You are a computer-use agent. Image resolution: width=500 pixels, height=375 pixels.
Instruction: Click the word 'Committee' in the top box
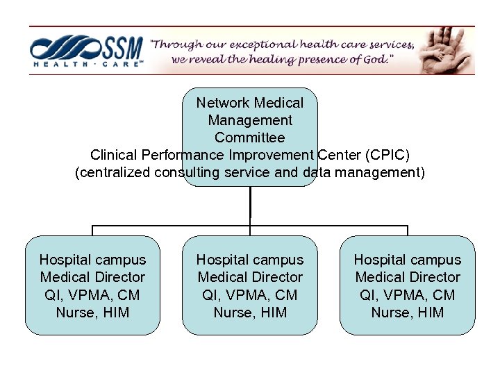tap(250, 137)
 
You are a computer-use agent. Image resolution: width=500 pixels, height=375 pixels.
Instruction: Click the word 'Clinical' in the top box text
tap(115, 155)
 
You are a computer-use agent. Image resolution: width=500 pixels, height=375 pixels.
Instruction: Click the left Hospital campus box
tap(92, 285)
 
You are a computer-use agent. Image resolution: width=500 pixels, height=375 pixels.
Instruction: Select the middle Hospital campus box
tap(250, 285)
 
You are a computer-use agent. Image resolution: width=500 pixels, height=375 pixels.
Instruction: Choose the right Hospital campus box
tap(408, 285)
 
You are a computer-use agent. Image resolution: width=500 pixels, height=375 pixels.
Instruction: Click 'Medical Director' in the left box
tap(92, 277)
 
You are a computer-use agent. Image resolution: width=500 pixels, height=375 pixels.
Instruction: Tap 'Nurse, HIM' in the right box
tap(408, 312)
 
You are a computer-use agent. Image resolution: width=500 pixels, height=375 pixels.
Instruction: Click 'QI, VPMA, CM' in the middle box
tap(250, 295)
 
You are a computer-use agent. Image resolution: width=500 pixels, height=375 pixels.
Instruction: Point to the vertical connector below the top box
tap(250, 206)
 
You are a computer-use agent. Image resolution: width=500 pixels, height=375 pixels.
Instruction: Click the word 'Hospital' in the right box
tap(380, 260)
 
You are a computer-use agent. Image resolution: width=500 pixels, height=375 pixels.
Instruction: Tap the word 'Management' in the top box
tap(250, 120)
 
